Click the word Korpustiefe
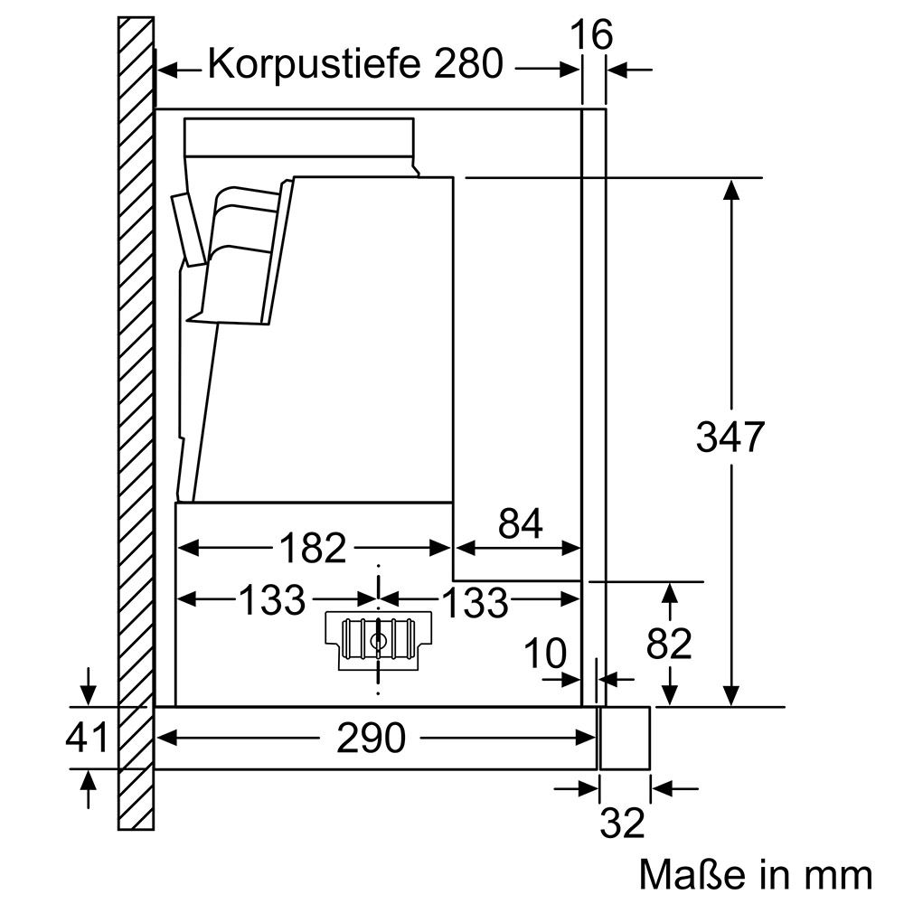coord(306,65)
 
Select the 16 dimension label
coord(593,35)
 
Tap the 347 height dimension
coord(730,438)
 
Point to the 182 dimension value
coord(312,548)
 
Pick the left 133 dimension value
coord(272,599)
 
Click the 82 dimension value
coord(670,644)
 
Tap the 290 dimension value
coord(372,739)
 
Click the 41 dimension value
coord(87,738)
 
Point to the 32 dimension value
coord(623,823)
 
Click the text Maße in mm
coord(756,874)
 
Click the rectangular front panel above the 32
coord(624,738)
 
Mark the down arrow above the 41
coord(87,693)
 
